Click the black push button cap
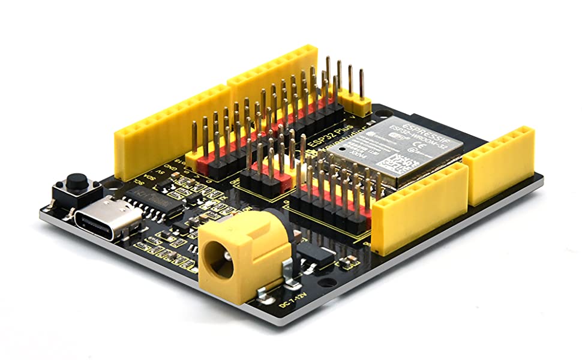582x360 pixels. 76,181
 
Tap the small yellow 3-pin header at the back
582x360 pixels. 359,106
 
